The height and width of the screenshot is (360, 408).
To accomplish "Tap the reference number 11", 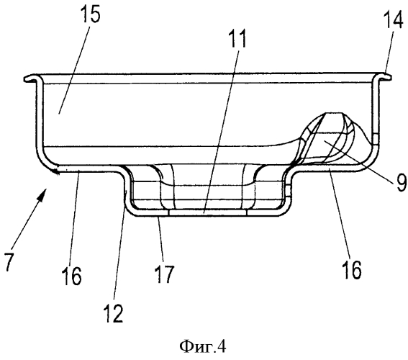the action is point(237,38).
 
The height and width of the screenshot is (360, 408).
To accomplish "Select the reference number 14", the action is point(393,19).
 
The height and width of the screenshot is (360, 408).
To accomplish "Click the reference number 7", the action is point(9,261).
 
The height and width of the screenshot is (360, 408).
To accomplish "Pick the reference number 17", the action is point(163,274).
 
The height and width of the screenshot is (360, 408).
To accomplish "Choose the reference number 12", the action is point(113,313).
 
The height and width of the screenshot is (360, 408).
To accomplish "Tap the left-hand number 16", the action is point(71,276).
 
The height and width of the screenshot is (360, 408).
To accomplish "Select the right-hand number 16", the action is point(352,269).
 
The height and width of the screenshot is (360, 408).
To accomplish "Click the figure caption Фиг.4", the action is point(203,347).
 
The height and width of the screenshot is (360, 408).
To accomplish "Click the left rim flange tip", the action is point(25,78).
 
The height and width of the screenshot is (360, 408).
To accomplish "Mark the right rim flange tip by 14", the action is point(389,77).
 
